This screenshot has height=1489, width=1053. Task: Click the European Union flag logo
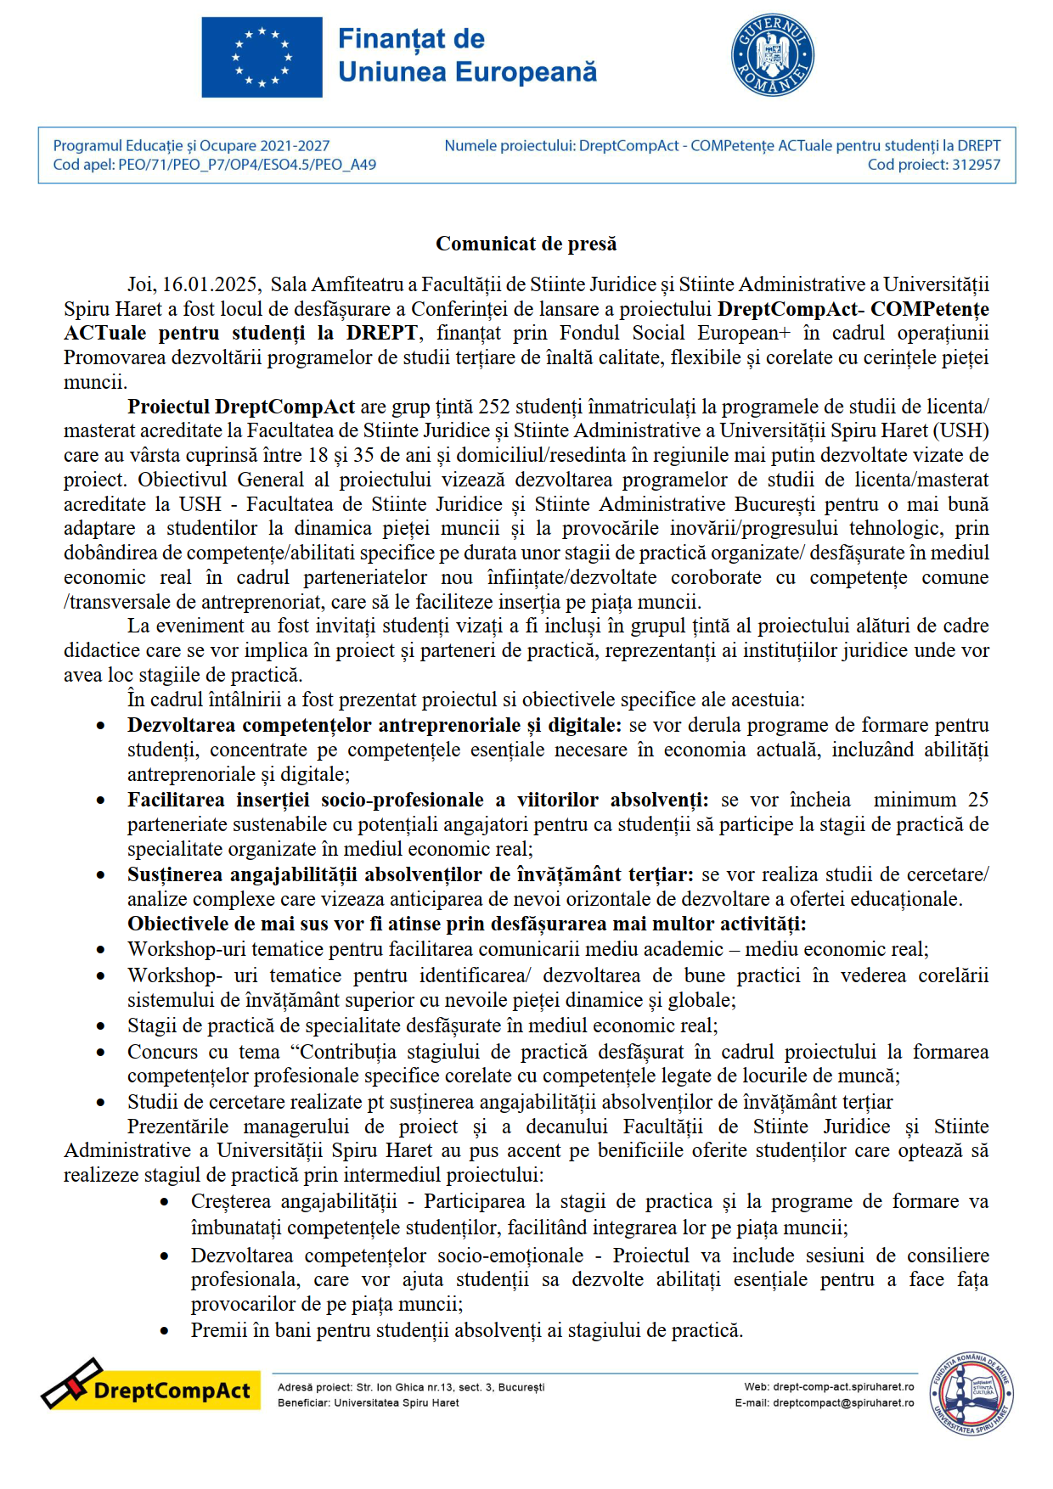262,57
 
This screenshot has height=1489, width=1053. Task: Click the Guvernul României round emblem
772,55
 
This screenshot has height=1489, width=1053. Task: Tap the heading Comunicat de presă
526,244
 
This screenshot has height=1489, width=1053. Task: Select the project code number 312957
976,165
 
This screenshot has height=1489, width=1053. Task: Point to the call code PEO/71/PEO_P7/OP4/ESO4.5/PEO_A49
247,165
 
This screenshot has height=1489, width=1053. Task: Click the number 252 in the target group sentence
494,407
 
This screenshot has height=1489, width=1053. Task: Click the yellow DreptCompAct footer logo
151,1385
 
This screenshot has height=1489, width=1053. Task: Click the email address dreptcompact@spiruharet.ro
842,1403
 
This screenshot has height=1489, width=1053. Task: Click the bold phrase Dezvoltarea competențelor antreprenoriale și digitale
374,726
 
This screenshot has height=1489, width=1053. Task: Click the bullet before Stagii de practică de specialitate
101,1026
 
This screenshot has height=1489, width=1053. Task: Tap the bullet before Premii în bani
165,1331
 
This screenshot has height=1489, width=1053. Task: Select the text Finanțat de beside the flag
411,39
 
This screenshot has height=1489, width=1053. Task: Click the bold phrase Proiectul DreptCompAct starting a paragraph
241,407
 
